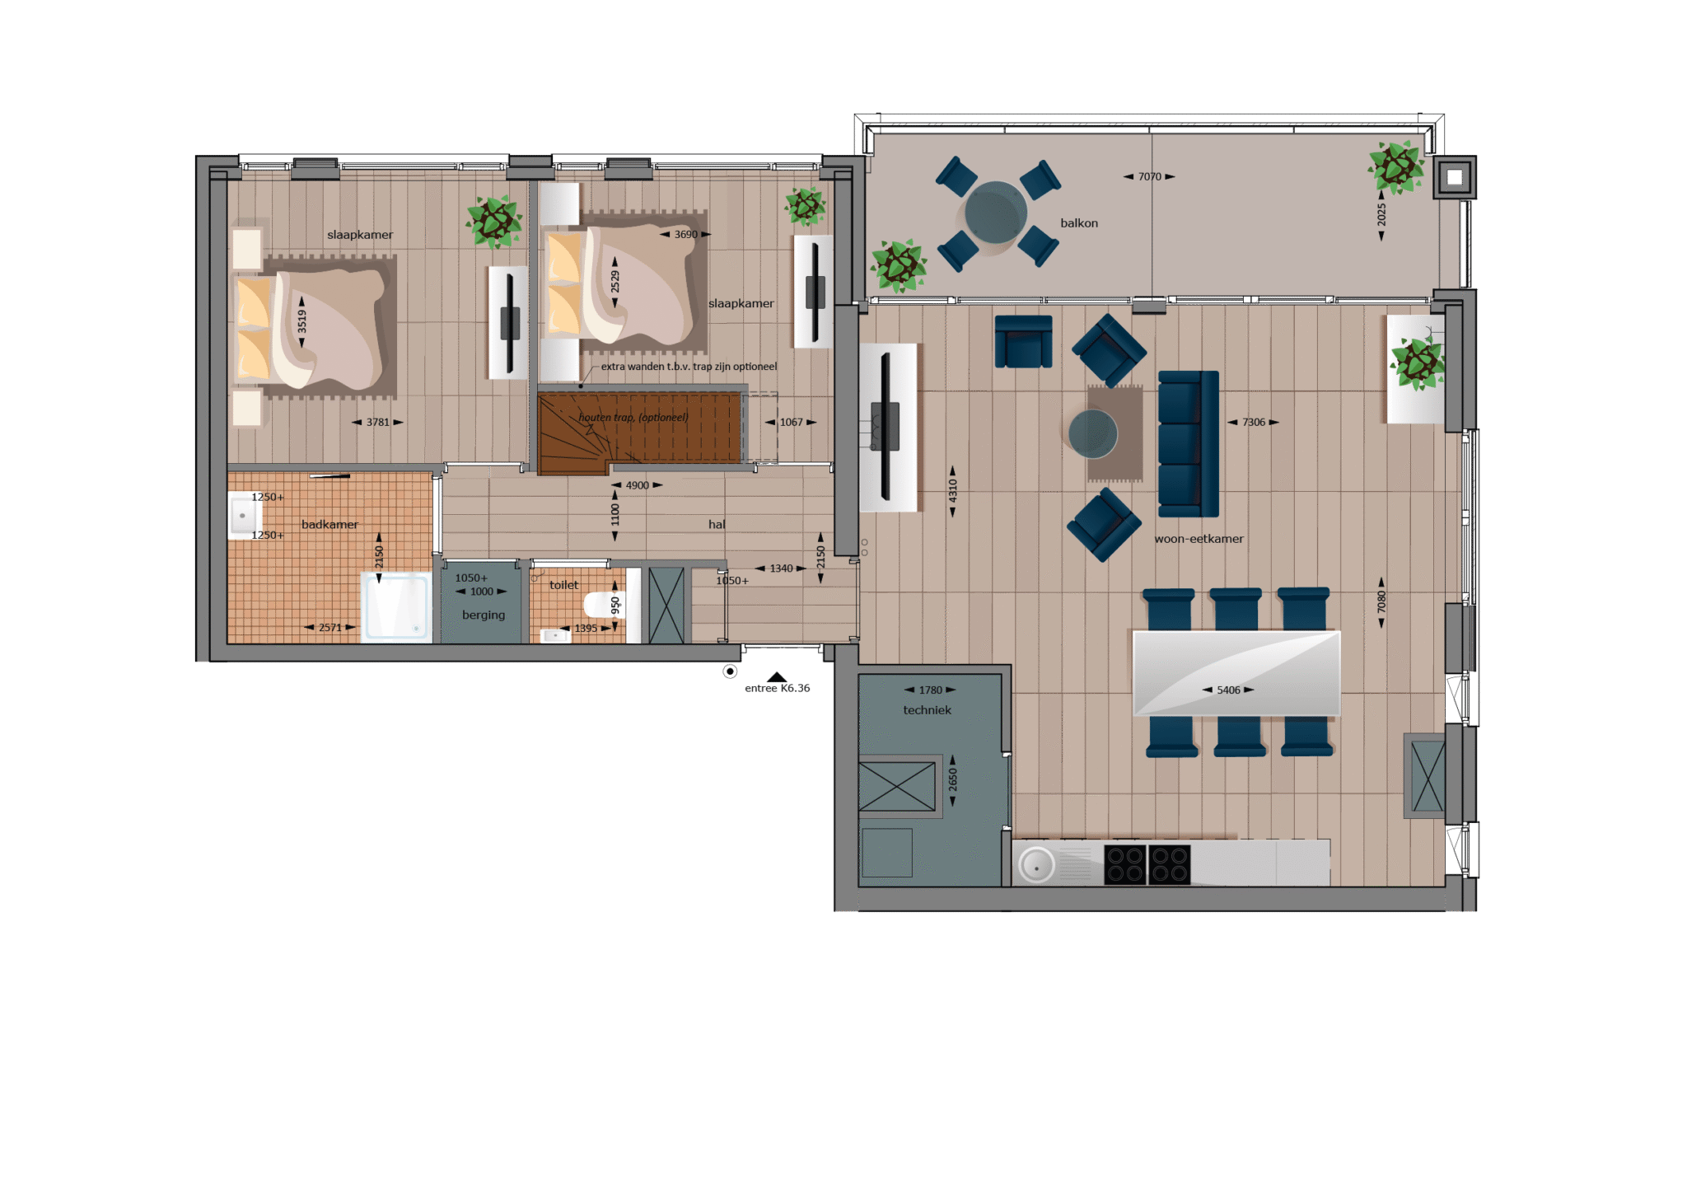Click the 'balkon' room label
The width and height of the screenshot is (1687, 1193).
(1079, 223)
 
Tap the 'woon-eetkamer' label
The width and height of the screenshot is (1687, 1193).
(1199, 539)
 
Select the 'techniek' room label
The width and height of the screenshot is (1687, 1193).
(927, 710)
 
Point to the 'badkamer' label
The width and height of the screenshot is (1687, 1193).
(329, 525)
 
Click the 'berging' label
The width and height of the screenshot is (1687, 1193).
(484, 615)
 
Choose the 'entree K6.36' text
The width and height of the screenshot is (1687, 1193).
(777, 688)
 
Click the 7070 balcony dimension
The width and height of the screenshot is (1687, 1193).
(1149, 176)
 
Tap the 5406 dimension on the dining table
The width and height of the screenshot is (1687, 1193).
(1228, 690)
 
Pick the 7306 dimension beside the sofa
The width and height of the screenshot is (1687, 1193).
(1254, 423)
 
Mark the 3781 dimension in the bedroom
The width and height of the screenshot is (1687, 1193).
(378, 423)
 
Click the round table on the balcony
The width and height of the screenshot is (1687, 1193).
(996, 213)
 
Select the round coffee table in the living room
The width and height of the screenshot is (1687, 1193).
(1092, 433)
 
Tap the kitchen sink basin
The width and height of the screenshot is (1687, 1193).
(1036, 866)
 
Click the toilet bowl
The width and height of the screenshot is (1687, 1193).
(601, 605)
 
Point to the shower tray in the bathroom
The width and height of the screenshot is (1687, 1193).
(397, 607)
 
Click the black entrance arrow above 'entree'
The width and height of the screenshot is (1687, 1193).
(777, 677)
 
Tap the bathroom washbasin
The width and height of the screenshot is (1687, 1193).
(243, 516)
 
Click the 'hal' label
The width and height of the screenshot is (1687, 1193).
(717, 525)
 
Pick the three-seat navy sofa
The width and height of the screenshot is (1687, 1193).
(1188, 443)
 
